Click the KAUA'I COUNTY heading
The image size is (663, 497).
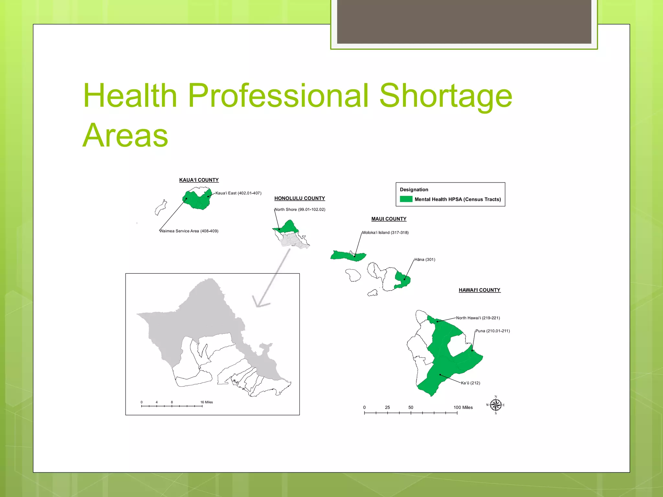(x=199, y=180)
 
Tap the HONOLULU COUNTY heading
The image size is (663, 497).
(x=299, y=198)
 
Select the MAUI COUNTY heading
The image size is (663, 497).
(x=388, y=219)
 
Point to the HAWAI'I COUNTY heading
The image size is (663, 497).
(x=479, y=290)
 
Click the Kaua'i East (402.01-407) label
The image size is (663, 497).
(x=238, y=193)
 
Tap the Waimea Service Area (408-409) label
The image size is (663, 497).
(x=189, y=231)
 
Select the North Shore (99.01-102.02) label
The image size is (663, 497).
(x=300, y=209)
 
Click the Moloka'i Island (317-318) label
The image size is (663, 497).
(x=385, y=233)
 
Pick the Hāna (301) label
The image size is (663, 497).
(x=425, y=260)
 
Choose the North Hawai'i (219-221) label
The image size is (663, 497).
(x=478, y=318)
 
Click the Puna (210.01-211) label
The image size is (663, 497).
(x=492, y=331)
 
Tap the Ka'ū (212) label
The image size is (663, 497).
(x=470, y=383)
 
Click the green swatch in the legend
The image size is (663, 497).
(x=406, y=199)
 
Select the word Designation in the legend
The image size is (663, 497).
(x=414, y=190)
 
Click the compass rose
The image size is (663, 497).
(x=496, y=405)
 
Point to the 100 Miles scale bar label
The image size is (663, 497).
(x=463, y=407)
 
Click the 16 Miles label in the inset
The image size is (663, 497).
(x=207, y=402)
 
